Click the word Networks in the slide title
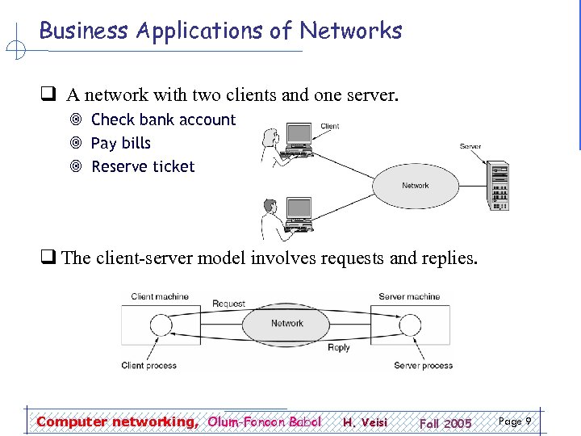tap(350, 31)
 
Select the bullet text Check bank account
tap(163, 119)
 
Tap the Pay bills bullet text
tap(121, 143)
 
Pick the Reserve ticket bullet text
tap(143, 166)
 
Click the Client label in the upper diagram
tap(330, 127)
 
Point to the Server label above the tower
tap(470, 146)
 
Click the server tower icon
tap(496, 186)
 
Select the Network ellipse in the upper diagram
tap(416, 186)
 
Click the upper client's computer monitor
tap(299, 135)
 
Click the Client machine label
tap(160, 296)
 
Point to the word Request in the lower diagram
tap(228, 304)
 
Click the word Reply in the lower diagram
tap(339, 347)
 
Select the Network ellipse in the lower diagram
tap(286, 324)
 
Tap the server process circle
tap(411, 325)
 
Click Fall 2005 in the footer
tap(445, 423)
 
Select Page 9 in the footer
tap(515, 421)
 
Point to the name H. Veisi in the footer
tap(365, 422)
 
